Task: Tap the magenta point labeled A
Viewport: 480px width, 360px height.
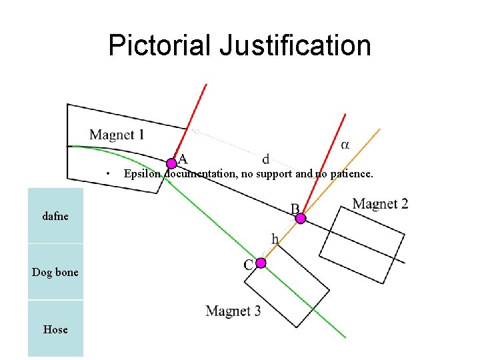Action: (x=171, y=163)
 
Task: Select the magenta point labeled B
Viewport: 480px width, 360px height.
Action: (x=301, y=218)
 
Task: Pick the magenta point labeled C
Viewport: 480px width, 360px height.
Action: (x=261, y=263)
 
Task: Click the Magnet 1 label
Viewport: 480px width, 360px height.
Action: (x=117, y=135)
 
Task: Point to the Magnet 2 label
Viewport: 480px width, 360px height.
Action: (x=380, y=204)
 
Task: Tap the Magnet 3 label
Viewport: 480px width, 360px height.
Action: (x=233, y=311)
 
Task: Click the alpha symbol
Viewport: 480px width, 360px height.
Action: (x=345, y=144)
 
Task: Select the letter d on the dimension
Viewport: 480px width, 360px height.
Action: (x=266, y=159)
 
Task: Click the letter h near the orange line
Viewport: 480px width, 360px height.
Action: (x=275, y=239)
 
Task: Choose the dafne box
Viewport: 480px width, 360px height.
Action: (x=55, y=216)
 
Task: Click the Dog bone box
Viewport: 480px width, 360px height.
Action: (x=55, y=272)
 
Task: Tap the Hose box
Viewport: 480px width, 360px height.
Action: (x=55, y=329)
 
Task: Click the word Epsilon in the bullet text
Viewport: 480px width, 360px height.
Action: (x=143, y=174)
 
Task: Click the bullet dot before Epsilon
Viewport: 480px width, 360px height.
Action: (x=108, y=174)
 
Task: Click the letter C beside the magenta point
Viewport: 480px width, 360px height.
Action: (x=248, y=265)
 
